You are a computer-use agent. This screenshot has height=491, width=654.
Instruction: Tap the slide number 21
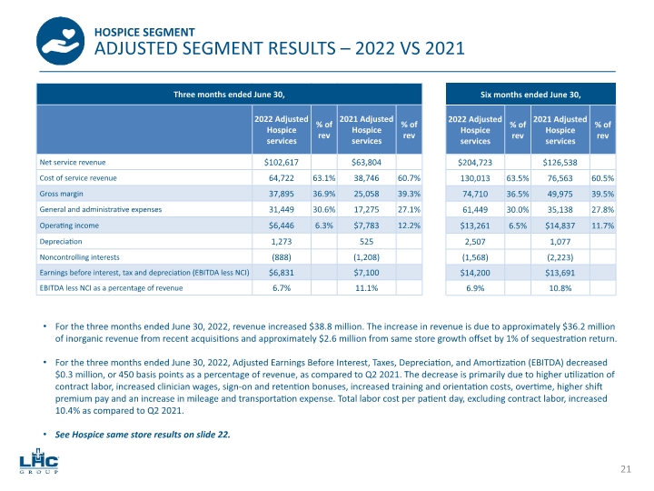coord(625,468)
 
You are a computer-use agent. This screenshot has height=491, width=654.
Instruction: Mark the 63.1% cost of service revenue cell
coord(323,179)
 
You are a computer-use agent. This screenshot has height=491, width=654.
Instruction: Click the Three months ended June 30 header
coord(229,94)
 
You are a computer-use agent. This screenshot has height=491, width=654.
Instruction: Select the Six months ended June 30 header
coord(530,94)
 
